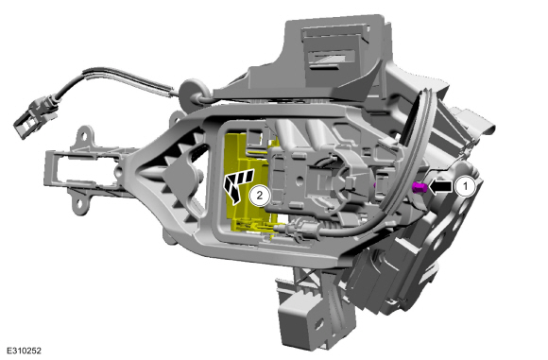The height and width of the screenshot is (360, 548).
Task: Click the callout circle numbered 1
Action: (x=465, y=186)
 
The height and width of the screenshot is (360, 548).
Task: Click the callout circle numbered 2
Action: (x=259, y=195)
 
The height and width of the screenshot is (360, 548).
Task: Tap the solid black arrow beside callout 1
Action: (x=440, y=186)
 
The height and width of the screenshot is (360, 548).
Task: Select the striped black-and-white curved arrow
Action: (x=237, y=184)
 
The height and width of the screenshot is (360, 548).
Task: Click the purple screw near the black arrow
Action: (x=420, y=188)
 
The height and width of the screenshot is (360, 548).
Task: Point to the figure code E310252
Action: (x=24, y=351)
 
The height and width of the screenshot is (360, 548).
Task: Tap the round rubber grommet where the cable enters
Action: (x=192, y=92)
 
